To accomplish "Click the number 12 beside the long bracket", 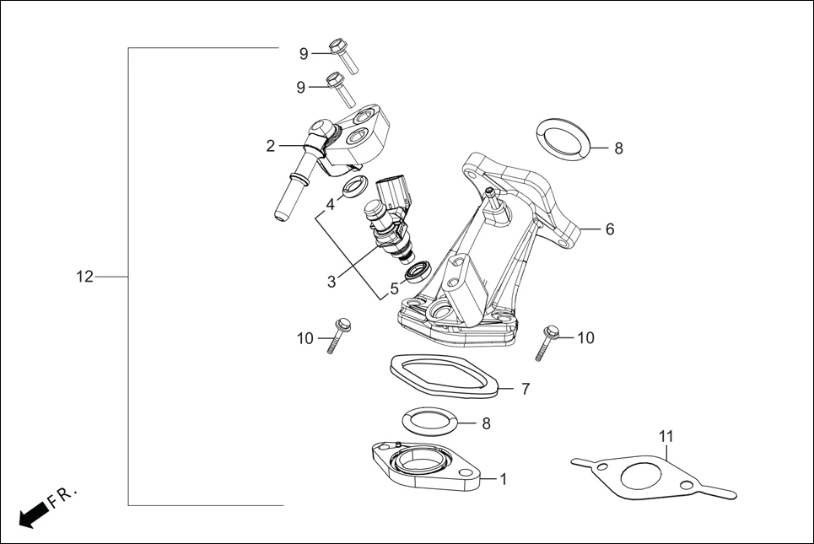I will tap(84, 277).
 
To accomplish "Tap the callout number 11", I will tap(666, 436).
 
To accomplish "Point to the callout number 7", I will tap(525, 389).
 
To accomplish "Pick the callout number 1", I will tap(503, 479).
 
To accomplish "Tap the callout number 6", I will tap(609, 229).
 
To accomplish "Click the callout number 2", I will tap(270, 146).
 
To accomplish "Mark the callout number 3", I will tap(332, 282).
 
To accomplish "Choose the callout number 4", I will tap(331, 204).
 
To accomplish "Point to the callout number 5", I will tap(394, 288).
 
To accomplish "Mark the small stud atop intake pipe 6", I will tap(491, 197).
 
